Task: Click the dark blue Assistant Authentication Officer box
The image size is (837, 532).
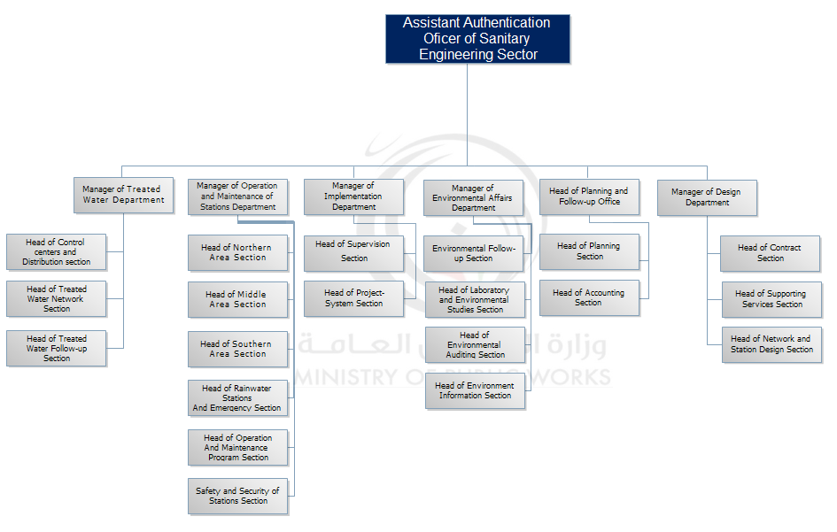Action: [x=477, y=39]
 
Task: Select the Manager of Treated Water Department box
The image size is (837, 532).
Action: [x=123, y=195]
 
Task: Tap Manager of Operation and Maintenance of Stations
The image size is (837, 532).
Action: [x=237, y=197]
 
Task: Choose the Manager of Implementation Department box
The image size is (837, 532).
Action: [x=353, y=197]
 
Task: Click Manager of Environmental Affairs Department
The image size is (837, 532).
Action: [x=473, y=198]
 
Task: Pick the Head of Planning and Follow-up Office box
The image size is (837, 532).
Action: [x=588, y=197]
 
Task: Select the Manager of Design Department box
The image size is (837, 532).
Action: [x=707, y=197]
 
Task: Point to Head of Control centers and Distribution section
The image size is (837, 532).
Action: [x=57, y=252]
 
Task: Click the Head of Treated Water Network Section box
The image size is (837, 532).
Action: [x=57, y=299]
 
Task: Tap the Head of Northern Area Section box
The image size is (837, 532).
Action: [x=237, y=253]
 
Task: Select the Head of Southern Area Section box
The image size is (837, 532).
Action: [x=237, y=349]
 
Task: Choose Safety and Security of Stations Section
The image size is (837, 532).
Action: [x=237, y=496]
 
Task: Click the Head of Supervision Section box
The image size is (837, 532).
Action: [x=353, y=252]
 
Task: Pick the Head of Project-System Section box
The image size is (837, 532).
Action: [x=353, y=298]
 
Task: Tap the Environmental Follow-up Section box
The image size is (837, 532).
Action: [x=474, y=253]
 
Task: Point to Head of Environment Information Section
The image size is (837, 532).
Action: [x=475, y=391]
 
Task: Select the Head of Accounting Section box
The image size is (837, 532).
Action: [x=588, y=298]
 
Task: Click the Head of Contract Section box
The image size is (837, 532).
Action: [x=771, y=253]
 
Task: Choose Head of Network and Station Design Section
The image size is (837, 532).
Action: [x=771, y=344]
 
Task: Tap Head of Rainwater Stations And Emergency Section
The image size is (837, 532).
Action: [x=237, y=398]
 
